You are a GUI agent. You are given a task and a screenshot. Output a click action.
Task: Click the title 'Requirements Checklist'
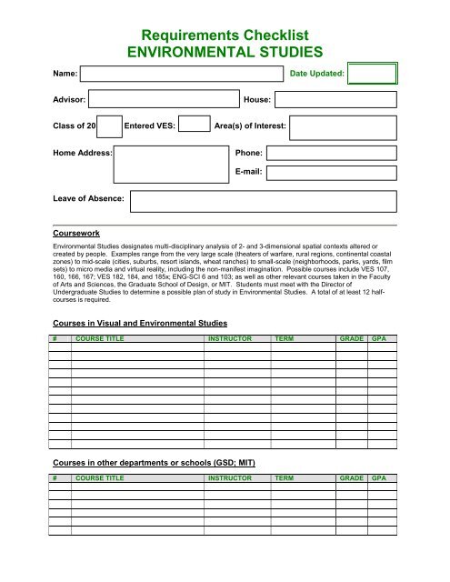(x=224, y=35)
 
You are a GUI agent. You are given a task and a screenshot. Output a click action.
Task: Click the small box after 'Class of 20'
(x=109, y=125)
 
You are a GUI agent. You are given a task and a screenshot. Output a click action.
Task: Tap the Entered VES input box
(x=193, y=125)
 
